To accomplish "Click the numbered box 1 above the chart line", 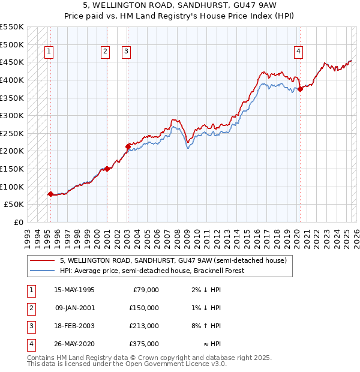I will click(49, 52).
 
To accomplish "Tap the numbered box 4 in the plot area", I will click(298, 52).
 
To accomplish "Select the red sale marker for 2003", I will click(128, 146).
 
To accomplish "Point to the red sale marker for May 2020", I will click(300, 89).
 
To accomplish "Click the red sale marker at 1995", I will click(50, 194).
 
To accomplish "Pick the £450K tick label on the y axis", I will click(12, 62).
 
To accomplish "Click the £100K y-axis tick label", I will click(12, 187).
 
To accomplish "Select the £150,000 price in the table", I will click(144, 308).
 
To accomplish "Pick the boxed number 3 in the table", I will click(30, 326).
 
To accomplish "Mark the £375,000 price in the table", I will click(144, 344).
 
